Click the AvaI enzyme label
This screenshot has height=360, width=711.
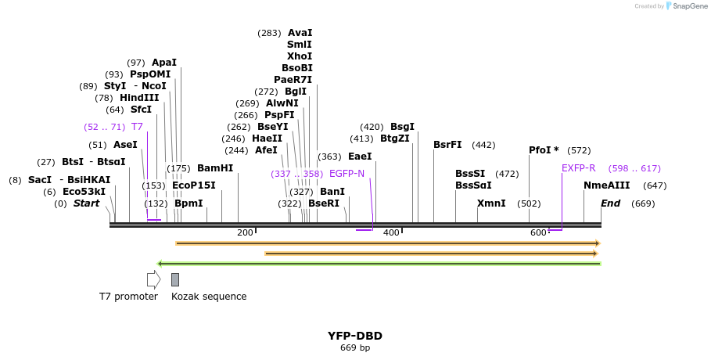[x=300, y=33]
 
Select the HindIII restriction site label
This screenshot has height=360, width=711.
[x=139, y=98]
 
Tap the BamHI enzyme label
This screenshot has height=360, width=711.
[x=215, y=168]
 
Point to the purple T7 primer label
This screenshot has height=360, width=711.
[x=137, y=127]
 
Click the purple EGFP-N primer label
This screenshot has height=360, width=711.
[x=347, y=174]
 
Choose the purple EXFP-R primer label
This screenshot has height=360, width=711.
[x=578, y=168]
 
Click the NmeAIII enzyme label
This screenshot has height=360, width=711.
[x=606, y=185]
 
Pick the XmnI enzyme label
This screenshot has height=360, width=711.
[x=491, y=203]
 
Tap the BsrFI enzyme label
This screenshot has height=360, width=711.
[x=447, y=145]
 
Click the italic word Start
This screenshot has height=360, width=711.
[x=86, y=203]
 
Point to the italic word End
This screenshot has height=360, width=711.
[x=610, y=203]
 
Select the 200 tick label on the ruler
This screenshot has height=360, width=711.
[x=245, y=232]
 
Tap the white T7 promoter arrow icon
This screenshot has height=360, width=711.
[x=153, y=279]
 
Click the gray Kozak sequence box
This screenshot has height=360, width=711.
[x=175, y=279]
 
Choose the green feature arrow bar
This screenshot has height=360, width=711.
[x=379, y=264]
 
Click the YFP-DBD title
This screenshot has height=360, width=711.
[x=355, y=336]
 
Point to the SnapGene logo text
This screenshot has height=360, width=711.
[x=688, y=6]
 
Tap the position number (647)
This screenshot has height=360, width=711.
[x=655, y=185]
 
